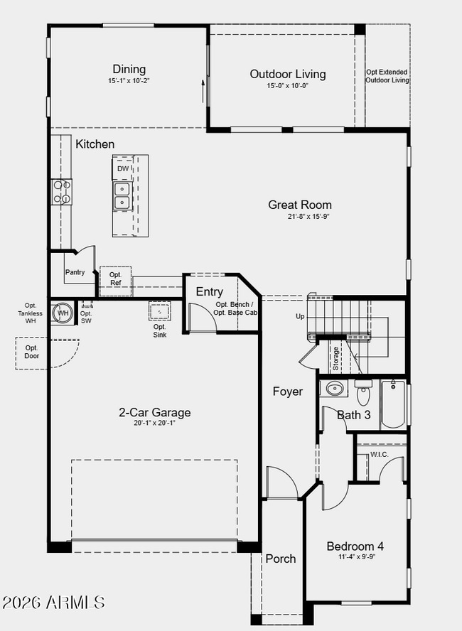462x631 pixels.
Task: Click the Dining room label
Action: pyautogui.click(x=129, y=69)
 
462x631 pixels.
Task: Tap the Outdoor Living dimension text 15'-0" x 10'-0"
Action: pyautogui.click(x=287, y=86)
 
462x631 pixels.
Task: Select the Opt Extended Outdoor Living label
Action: pyautogui.click(x=387, y=76)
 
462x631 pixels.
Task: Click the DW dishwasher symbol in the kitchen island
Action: pyautogui.click(x=123, y=169)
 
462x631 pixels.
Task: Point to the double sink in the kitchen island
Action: pyautogui.click(x=122, y=195)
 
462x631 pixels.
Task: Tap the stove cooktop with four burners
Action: pyautogui.click(x=61, y=192)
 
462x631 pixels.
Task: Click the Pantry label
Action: pyautogui.click(x=75, y=272)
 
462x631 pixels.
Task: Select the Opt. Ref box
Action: pyautogui.click(x=115, y=279)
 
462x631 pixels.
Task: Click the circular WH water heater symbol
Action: pyautogui.click(x=63, y=313)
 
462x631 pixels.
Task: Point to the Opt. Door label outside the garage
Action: pyautogui.click(x=32, y=352)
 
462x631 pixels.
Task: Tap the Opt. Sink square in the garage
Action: pyautogui.click(x=159, y=311)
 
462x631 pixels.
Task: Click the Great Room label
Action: pyautogui.click(x=299, y=205)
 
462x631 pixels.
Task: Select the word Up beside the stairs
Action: pyautogui.click(x=300, y=316)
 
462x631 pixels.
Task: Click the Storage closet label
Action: pyautogui.click(x=335, y=358)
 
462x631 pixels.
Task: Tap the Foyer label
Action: pyautogui.click(x=288, y=392)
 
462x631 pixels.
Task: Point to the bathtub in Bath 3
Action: pyautogui.click(x=392, y=406)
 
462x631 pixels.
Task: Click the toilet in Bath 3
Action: pyautogui.click(x=363, y=393)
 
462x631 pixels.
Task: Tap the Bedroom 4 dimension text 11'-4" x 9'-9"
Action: pyautogui.click(x=355, y=558)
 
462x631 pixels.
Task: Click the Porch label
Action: pyautogui.click(x=280, y=559)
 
